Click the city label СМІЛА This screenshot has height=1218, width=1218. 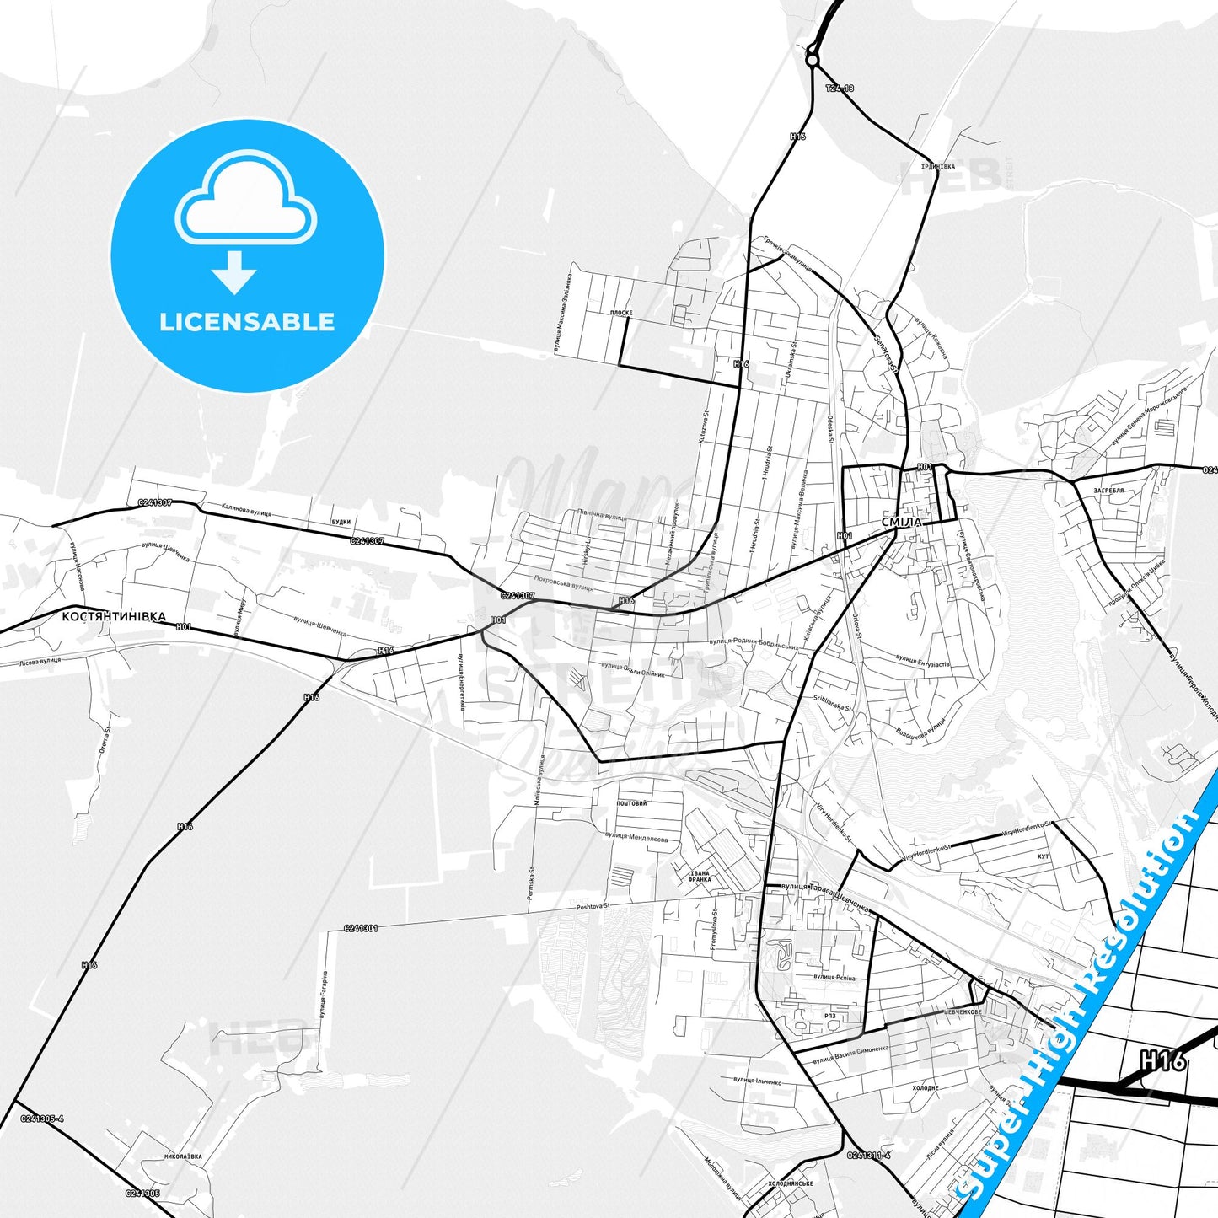[x=901, y=522]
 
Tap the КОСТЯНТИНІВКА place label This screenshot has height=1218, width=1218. [x=114, y=616]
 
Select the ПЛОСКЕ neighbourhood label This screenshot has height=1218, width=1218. [x=621, y=313]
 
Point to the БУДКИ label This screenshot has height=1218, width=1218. [x=341, y=522]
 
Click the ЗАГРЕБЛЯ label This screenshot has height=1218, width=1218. [x=1109, y=490]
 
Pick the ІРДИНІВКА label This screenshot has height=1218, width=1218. [x=937, y=166]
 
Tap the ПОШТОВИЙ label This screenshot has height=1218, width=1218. [x=631, y=803]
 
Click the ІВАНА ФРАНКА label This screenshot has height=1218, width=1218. [x=700, y=876]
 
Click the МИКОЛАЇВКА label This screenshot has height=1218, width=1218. [x=183, y=1157]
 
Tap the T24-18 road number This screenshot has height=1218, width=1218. [x=840, y=88]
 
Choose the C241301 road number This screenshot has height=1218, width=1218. [x=360, y=928]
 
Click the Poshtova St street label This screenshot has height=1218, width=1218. [x=592, y=907]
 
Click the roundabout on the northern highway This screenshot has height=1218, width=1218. [x=812, y=59]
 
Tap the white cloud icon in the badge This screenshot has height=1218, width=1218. [x=246, y=202]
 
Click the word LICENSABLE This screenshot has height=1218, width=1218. [x=247, y=321]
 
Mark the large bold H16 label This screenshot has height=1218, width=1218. [x=1163, y=1061]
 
